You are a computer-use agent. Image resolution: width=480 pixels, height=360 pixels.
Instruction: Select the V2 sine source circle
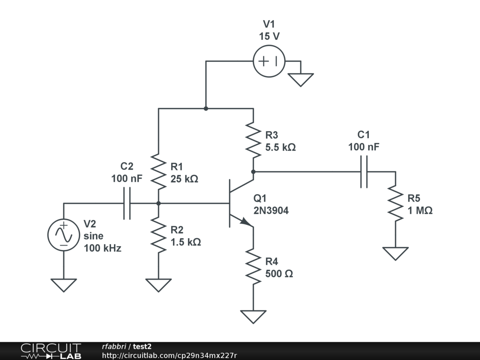(64, 235)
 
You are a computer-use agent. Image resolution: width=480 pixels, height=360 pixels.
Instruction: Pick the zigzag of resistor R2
(158, 235)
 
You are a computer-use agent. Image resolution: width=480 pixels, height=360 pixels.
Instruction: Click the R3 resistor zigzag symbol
(254, 140)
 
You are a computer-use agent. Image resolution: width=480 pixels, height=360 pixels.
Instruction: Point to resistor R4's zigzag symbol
(254, 266)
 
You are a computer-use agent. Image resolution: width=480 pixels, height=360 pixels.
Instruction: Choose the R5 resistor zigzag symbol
(396, 203)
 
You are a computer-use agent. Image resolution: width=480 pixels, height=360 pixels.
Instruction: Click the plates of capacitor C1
(364, 172)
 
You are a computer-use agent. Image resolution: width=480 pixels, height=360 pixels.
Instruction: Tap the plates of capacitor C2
(127, 203)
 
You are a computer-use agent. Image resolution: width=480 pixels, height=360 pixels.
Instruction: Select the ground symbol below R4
(254, 317)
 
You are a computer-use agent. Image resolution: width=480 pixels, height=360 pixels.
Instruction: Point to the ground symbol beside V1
(300, 80)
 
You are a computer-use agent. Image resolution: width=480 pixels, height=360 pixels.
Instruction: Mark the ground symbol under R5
(396, 254)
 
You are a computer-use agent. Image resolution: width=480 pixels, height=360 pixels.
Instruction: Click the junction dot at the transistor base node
(158, 203)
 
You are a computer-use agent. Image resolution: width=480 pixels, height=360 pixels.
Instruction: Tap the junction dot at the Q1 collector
(254, 172)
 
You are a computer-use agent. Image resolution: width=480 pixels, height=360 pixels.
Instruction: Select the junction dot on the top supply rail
(206, 108)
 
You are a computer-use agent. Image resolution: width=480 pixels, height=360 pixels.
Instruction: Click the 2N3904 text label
(271, 210)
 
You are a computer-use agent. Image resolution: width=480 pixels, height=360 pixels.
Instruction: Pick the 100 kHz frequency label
(103, 248)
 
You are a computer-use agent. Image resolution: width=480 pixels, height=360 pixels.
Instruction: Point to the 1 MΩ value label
(420, 210)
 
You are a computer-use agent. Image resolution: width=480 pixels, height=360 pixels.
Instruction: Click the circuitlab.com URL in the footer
(169, 355)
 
